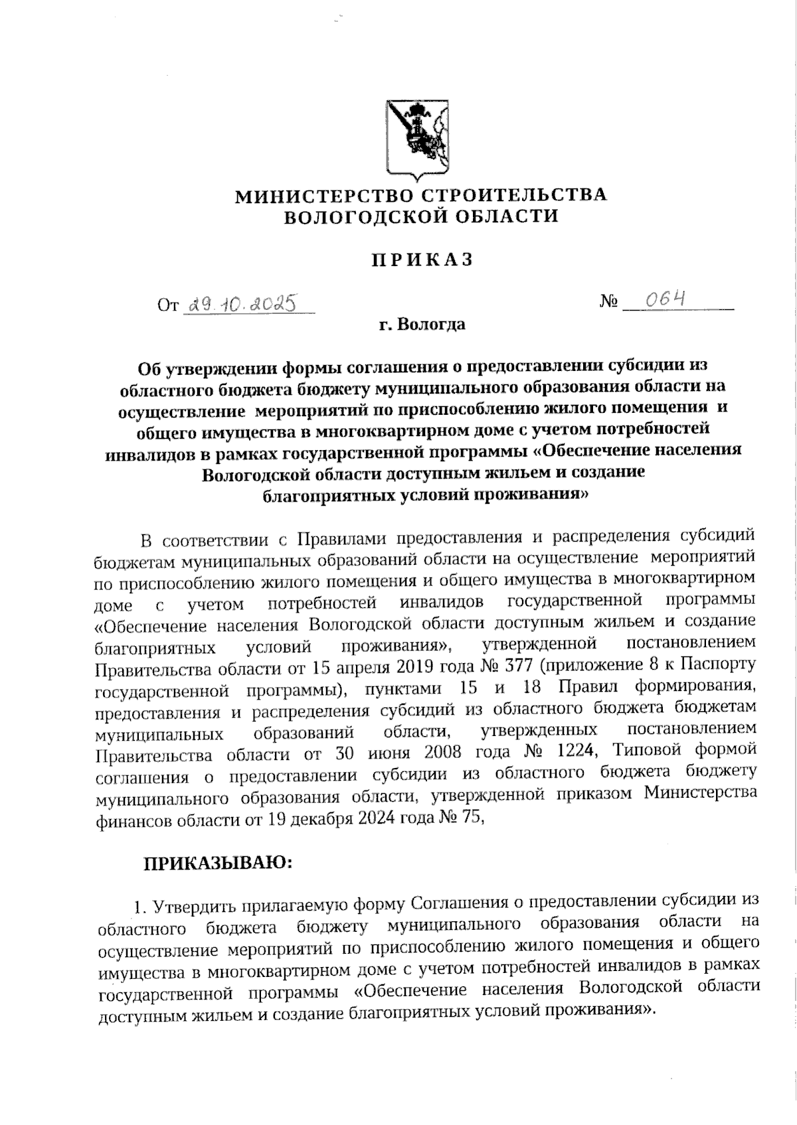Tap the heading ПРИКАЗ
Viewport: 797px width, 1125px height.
pyautogui.click(x=422, y=260)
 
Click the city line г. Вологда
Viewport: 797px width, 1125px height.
pyautogui.click(x=422, y=325)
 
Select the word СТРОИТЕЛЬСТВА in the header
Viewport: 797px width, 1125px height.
pyautogui.click(x=515, y=195)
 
